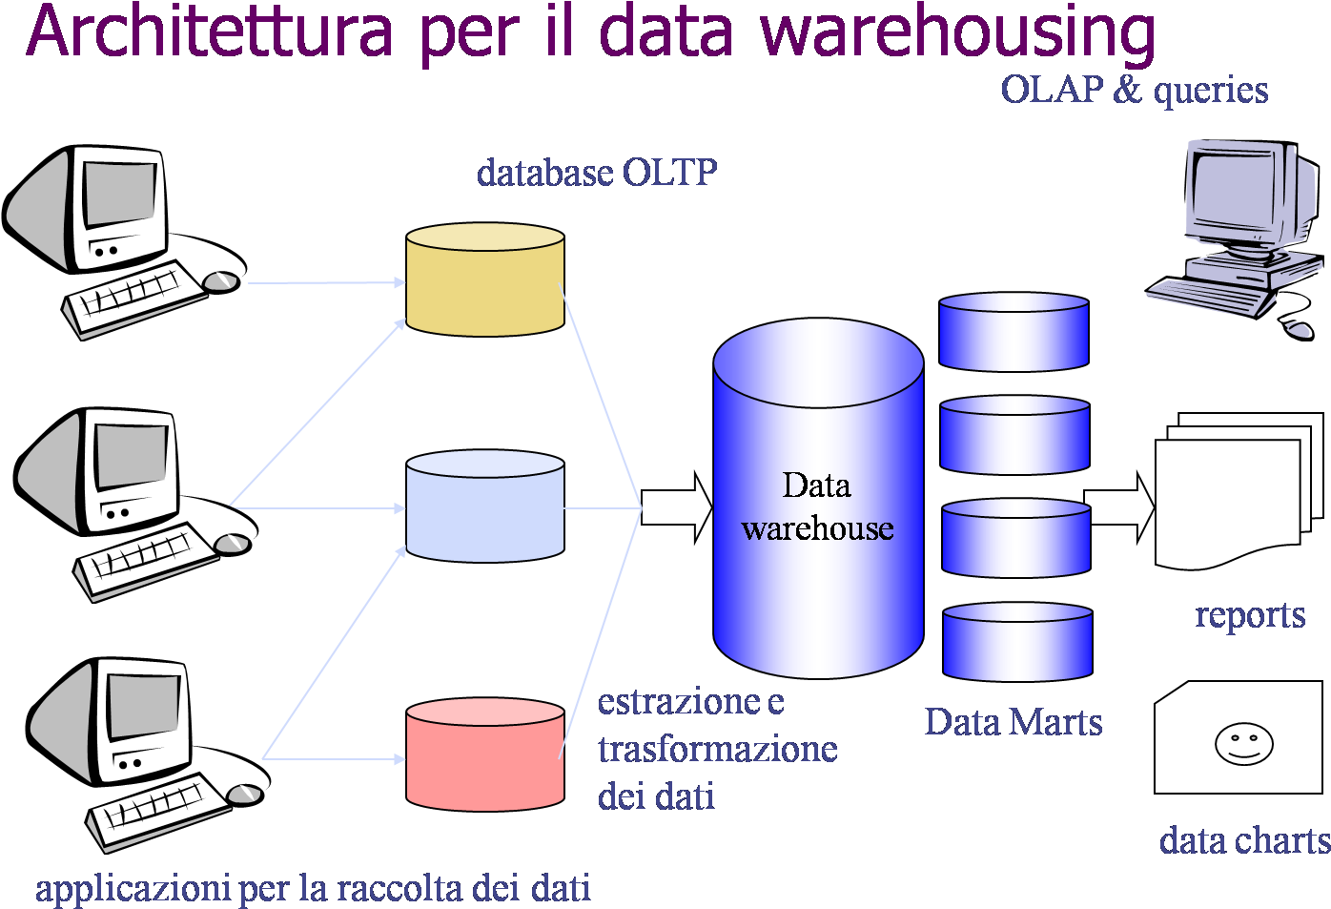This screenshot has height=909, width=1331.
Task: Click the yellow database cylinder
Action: [x=484, y=280]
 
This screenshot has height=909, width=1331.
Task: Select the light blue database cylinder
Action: [x=484, y=507]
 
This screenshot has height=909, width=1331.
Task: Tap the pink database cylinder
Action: [x=484, y=755]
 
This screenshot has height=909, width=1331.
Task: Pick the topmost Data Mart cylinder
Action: [x=1014, y=332]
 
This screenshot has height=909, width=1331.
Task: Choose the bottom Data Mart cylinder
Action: [x=1017, y=642]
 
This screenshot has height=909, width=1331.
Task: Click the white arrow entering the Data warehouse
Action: [x=676, y=507]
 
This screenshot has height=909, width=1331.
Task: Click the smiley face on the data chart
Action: [x=1243, y=743]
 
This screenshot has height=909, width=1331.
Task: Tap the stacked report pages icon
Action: [x=1235, y=491]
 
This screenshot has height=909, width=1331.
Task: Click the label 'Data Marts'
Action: [x=1013, y=722]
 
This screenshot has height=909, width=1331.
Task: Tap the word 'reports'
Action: [x=1250, y=615]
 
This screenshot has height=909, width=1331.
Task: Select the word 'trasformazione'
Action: [x=717, y=749]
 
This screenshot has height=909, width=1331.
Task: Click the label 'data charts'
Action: [x=1244, y=841]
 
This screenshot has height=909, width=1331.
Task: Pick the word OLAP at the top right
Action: [x=1052, y=90]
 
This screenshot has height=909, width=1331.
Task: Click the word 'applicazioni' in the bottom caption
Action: [x=133, y=888]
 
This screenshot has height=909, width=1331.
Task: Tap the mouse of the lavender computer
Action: [x=1299, y=330]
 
